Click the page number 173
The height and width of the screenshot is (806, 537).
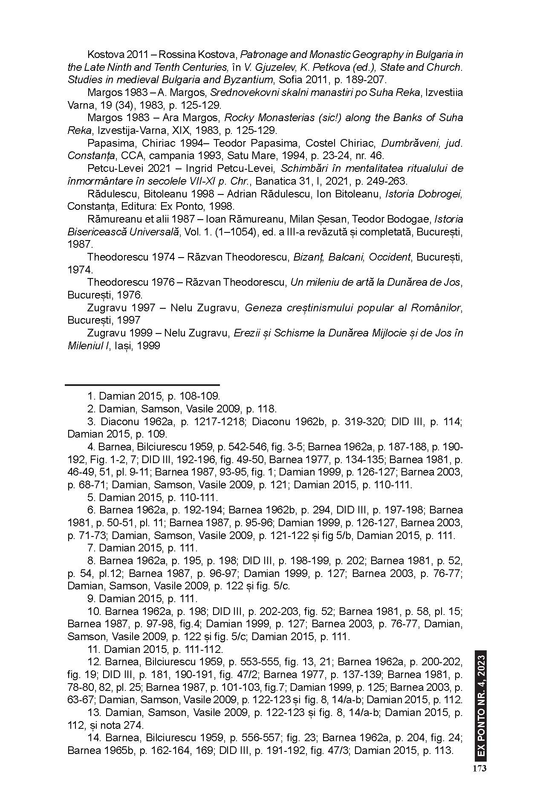tap(479, 768)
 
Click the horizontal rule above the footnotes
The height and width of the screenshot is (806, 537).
tap(142, 385)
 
